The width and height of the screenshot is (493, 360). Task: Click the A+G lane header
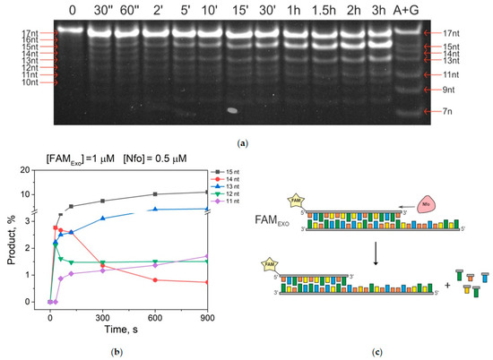[x=413, y=11]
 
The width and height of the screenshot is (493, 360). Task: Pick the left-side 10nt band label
[x=12, y=82]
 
